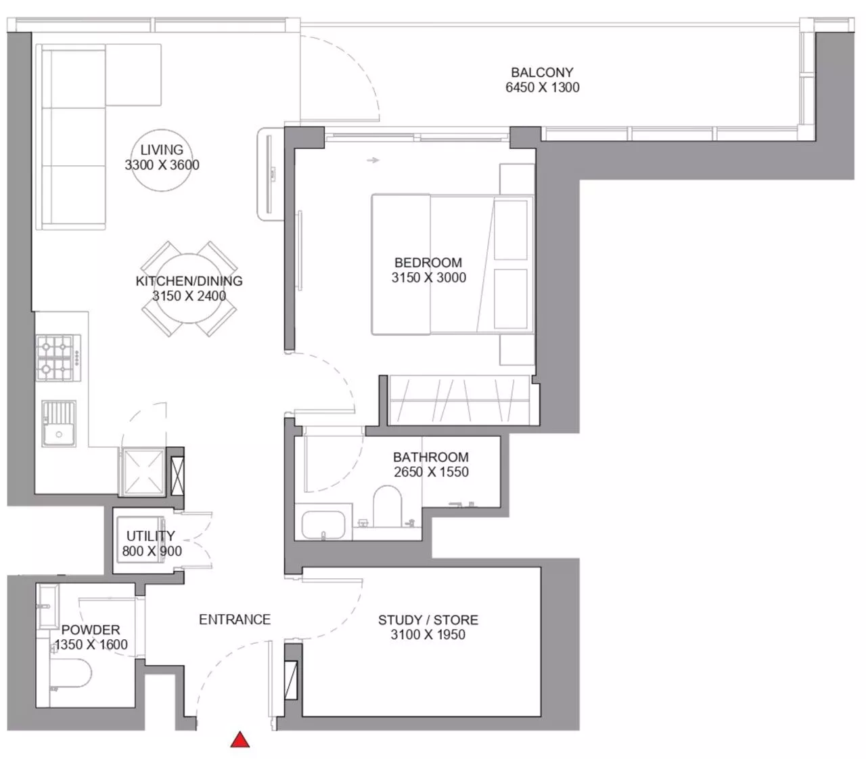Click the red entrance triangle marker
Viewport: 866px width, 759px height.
pyautogui.click(x=240, y=739)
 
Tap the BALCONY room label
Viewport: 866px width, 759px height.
pyautogui.click(x=542, y=72)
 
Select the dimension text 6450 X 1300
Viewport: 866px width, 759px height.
pyautogui.click(x=542, y=87)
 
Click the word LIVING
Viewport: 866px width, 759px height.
pyautogui.click(x=162, y=150)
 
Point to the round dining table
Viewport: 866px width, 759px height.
pyautogui.click(x=189, y=288)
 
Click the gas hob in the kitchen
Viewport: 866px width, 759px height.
pyautogui.click(x=58, y=358)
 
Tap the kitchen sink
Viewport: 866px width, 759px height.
pyautogui.click(x=59, y=423)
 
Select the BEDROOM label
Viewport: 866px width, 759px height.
pyautogui.click(x=428, y=263)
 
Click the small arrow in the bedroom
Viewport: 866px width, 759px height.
pyautogui.click(x=373, y=160)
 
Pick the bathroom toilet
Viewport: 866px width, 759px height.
pyautogui.click(x=387, y=506)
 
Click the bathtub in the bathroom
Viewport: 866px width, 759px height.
pyautogui.click(x=323, y=525)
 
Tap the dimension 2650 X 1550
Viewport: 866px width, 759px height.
pyautogui.click(x=431, y=472)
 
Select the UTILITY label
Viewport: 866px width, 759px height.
pyautogui.click(x=151, y=536)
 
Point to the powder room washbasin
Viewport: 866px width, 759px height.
pyautogui.click(x=48, y=607)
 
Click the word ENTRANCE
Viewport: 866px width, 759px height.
pyautogui.click(x=235, y=620)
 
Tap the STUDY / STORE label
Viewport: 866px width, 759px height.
pyautogui.click(x=428, y=620)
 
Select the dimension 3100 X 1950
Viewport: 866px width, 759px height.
pyautogui.click(x=428, y=634)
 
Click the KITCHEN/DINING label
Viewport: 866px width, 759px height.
pyautogui.click(x=189, y=281)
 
